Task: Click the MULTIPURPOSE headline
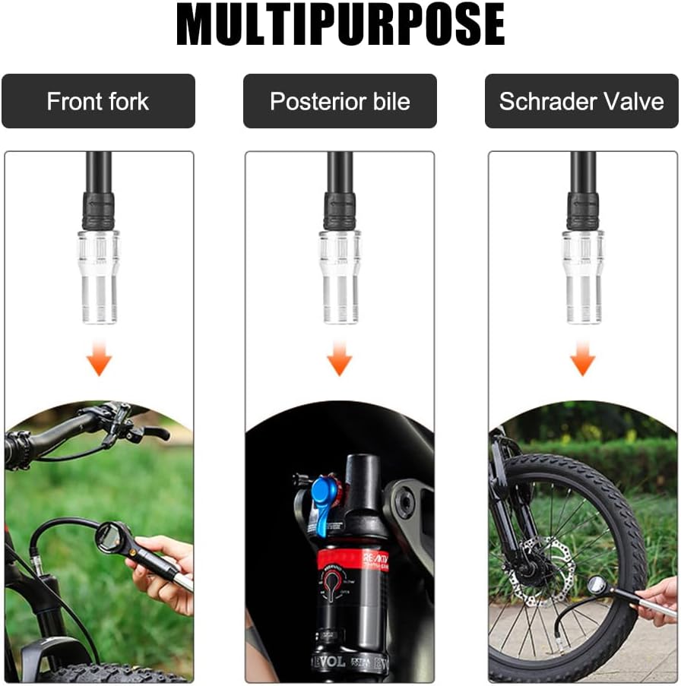[340, 24]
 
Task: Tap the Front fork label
[98, 101]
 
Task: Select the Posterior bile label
[340, 101]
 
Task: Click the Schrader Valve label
[581, 101]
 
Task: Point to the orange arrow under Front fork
[99, 358]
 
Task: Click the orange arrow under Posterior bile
[340, 358]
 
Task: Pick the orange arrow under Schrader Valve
[583, 358]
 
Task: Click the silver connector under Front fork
[99, 277]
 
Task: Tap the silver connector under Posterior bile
[340, 277]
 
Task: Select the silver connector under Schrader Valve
[583, 277]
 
